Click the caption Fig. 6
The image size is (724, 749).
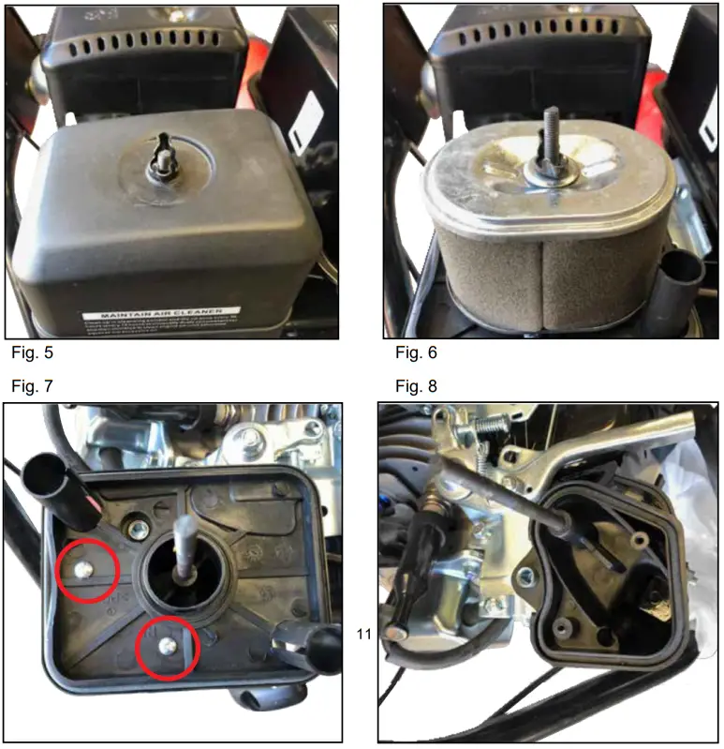(x=416, y=353)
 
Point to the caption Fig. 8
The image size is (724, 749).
(x=416, y=386)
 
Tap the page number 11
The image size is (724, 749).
(x=365, y=635)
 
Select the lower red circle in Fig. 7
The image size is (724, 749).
(x=168, y=646)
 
